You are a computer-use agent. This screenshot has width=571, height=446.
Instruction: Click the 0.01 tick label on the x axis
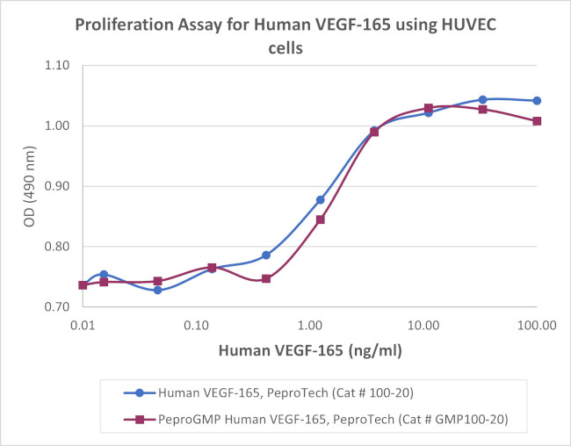click(x=83, y=326)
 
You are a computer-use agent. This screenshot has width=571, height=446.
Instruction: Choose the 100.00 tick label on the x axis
click(x=537, y=326)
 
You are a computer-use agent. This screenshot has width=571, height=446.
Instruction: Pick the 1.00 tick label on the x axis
click(x=309, y=326)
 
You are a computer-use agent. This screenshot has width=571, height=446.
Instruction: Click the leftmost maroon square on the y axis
click(x=83, y=285)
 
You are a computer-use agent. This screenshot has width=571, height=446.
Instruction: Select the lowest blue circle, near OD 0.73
click(x=157, y=290)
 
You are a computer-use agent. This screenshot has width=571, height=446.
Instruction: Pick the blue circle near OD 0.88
click(x=320, y=200)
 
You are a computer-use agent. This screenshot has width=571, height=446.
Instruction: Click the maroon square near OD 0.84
click(x=320, y=219)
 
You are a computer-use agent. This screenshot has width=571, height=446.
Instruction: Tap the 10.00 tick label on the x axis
click(x=423, y=326)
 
